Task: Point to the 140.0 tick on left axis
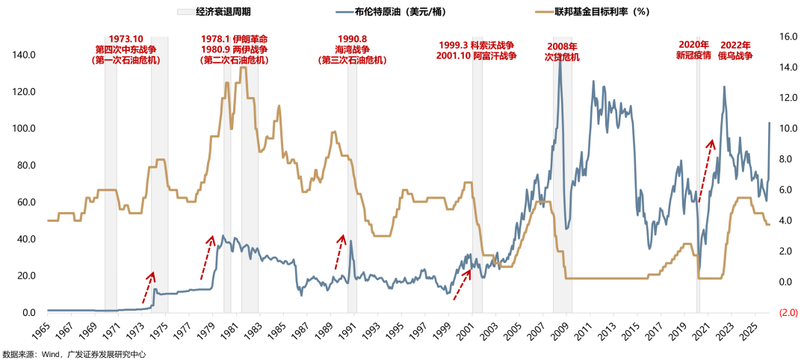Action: pyautogui.click(x=25, y=55)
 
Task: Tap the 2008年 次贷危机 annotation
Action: pyautogui.click(x=561, y=52)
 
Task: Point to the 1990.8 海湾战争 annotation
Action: pyautogui.click(x=352, y=49)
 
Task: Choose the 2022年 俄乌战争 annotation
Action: pyautogui.click(x=735, y=50)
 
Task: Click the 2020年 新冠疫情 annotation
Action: pyautogui.click(x=693, y=50)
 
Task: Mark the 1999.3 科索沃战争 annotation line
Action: pyautogui.click(x=477, y=45)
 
